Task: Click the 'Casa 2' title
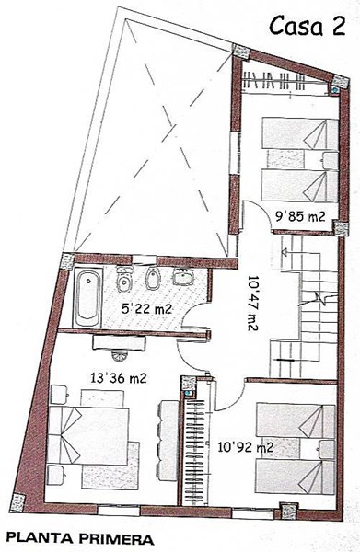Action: point(308,27)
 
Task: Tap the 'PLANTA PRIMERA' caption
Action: point(80,539)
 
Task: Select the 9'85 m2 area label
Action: point(300,217)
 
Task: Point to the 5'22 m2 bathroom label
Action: point(146,309)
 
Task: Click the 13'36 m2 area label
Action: point(118,378)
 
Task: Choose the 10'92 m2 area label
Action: point(246,447)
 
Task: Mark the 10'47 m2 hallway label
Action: point(253,303)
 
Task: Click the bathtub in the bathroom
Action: point(87,298)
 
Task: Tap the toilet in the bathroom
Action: point(124,279)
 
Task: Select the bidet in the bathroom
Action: point(153,278)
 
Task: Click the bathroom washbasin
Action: point(183,277)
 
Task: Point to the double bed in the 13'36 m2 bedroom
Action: point(88,436)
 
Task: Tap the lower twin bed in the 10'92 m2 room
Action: point(295,477)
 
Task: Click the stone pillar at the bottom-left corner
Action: point(17,502)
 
